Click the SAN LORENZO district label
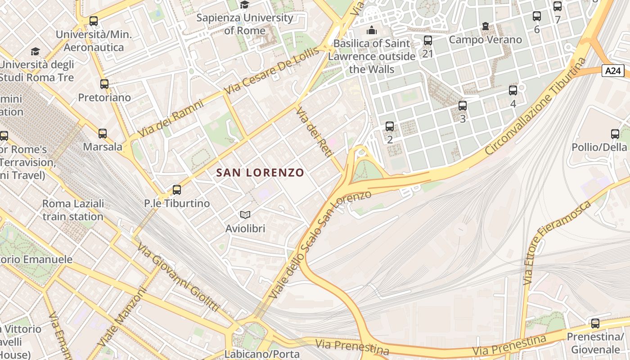260,172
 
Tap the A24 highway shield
613,71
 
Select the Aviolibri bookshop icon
245,215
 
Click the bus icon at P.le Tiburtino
177,190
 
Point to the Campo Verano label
486,40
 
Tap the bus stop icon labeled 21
428,40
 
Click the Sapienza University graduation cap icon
244,5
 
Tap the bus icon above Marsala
103,134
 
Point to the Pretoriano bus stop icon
104,84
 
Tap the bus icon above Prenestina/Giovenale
595,324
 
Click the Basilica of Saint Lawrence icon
372,31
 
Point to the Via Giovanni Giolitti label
178,278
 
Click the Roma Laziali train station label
73,210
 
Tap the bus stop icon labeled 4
513,90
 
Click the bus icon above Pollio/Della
615,134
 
